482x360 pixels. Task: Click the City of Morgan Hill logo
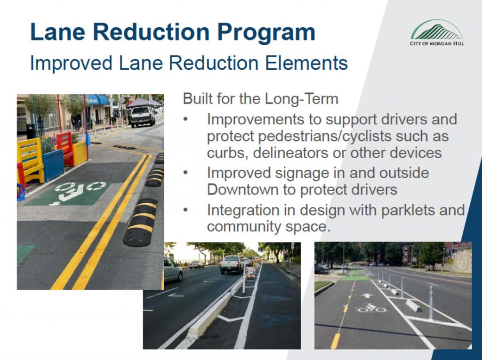pos(437,32)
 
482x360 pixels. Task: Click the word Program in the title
pos(266,32)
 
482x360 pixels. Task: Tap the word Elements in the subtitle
pos(306,63)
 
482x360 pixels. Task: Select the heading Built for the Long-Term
pos(260,99)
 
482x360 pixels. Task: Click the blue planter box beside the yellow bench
pos(53,164)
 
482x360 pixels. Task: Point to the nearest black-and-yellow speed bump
pos(140,223)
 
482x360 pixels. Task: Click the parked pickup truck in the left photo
pos(142,117)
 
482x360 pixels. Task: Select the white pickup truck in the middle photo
pos(231,264)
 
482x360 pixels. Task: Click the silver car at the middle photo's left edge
pos(173,270)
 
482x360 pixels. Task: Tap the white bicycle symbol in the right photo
pos(371,308)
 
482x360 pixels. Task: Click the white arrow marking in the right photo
pos(367,296)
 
